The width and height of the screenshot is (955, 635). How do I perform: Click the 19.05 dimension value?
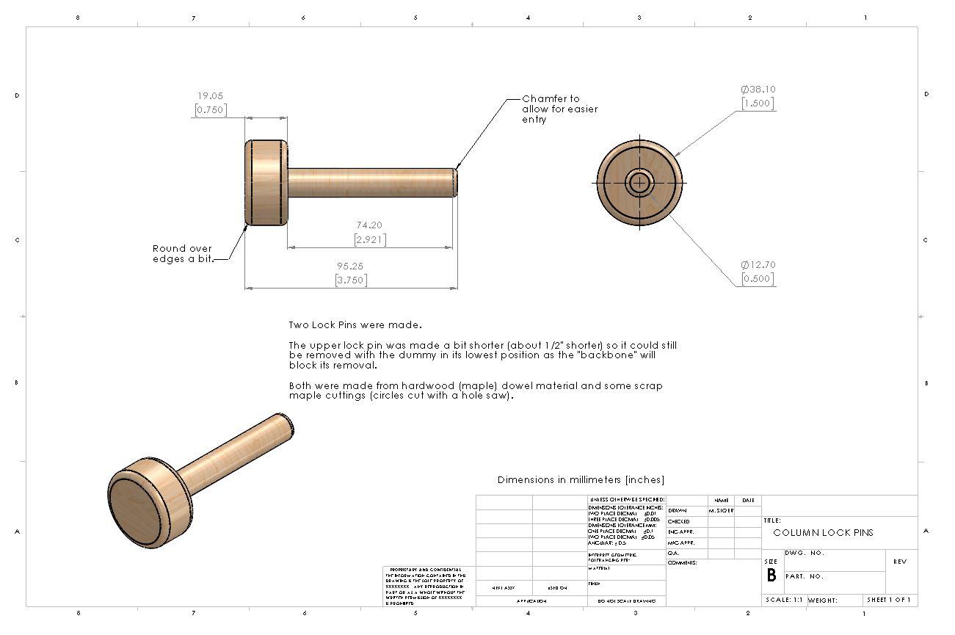(x=209, y=95)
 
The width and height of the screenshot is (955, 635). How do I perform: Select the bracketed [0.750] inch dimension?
(x=210, y=110)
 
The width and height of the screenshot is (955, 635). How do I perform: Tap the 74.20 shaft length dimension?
(x=369, y=225)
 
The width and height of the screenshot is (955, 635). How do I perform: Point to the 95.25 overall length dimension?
(x=351, y=266)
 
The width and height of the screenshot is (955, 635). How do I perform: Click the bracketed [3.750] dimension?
(x=351, y=280)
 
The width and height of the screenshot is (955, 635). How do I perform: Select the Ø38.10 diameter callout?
(x=758, y=90)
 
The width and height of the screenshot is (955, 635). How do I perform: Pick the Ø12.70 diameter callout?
(x=758, y=265)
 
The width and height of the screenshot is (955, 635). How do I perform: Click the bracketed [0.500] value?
(x=757, y=280)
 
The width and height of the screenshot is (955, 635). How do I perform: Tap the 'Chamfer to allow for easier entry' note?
(x=559, y=109)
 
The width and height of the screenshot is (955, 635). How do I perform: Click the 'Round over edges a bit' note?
(x=182, y=254)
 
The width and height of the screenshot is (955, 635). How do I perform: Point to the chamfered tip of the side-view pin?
(x=455, y=183)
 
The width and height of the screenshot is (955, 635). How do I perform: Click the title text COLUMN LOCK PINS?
(x=823, y=533)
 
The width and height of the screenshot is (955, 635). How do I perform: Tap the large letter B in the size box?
(x=771, y=576)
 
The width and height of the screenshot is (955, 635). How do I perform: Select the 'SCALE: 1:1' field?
(x=784, y=600)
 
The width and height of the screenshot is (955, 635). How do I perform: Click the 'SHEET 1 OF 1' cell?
(x=888, y=600)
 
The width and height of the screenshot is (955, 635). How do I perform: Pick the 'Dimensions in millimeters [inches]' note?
(x=581, y=480)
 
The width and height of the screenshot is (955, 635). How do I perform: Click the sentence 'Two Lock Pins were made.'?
(x=355, y=324)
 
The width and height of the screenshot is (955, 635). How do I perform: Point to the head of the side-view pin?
(x=265, y=183)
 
